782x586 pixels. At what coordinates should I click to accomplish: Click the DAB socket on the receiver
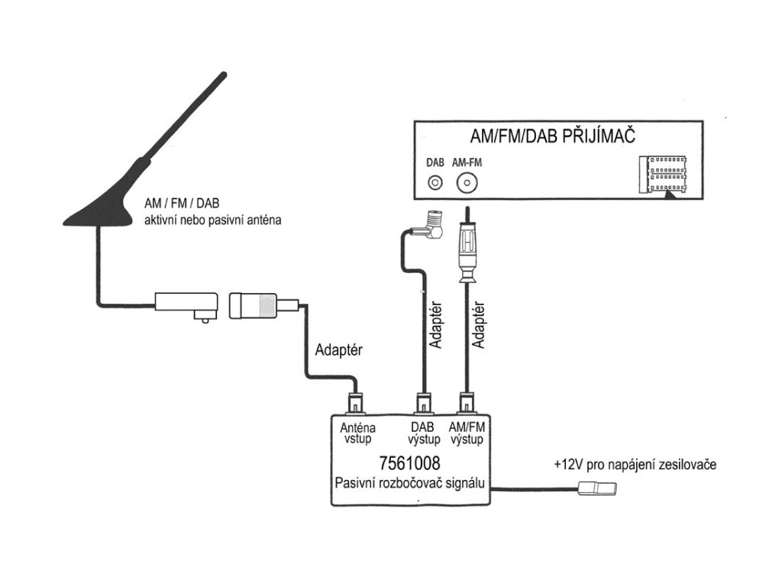[x=435, y=183]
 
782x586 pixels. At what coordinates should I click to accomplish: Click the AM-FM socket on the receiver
[x=467, y=183]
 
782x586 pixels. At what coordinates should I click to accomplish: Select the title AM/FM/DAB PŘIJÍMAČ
[x=553, y=136]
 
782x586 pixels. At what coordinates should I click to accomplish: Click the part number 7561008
[x=409, y=463]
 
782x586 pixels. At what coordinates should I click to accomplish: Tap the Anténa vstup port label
[x=357, y=433]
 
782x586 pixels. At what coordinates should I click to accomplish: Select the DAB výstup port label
[x=424, y=433]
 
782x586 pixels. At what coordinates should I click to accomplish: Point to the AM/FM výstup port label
[x=467, y=433]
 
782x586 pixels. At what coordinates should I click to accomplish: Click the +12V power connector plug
[x=597, y=488]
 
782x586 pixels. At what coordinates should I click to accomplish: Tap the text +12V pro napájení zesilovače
[x=635, y=465]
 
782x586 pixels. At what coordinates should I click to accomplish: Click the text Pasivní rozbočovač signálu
[x=410, y=483]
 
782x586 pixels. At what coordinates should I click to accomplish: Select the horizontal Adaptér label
[x=338, y=349]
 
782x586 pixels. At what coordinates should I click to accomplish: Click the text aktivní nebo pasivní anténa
[x=212, y=220]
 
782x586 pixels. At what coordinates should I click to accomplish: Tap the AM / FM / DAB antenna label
[x=182, y=203]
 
